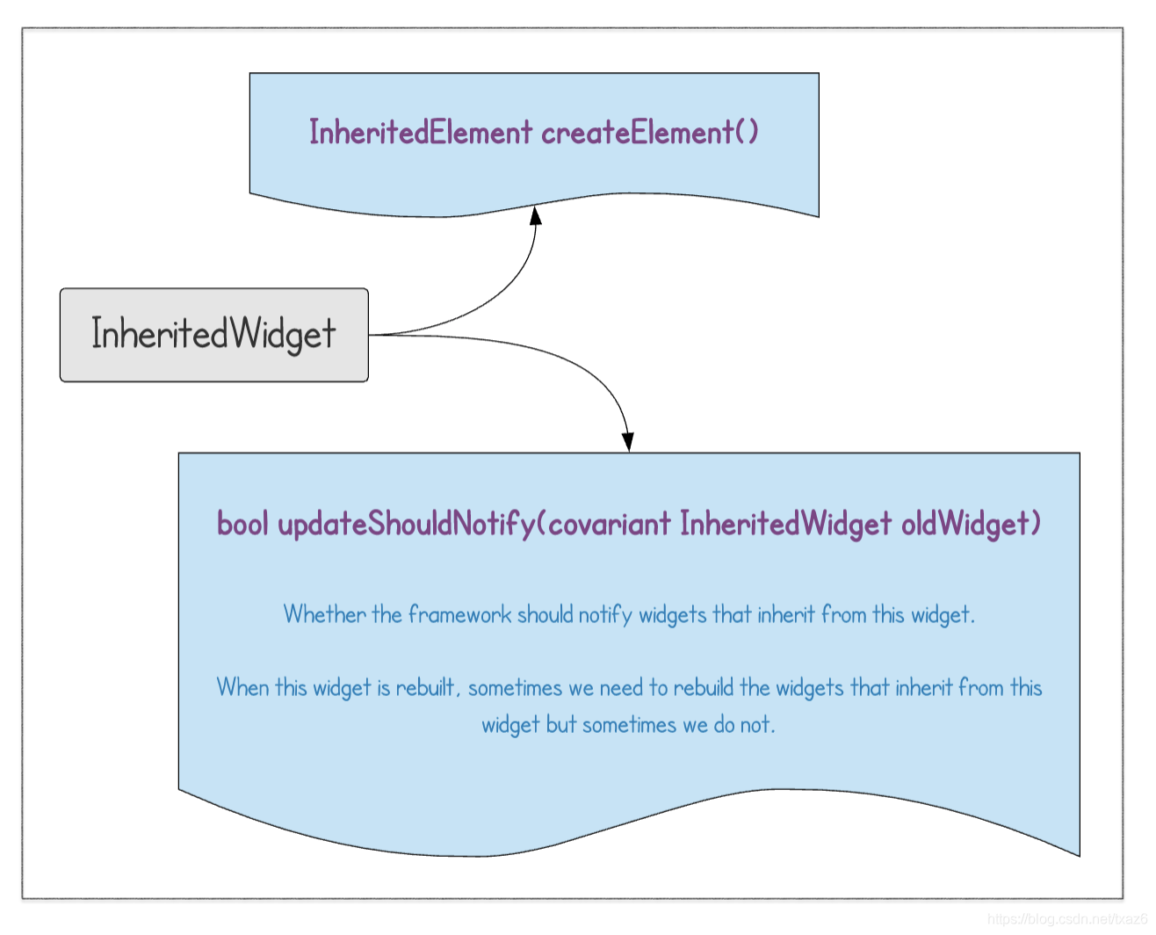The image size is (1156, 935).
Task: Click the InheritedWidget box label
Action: pos(213,335)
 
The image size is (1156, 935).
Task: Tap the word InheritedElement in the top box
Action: pos(421,133)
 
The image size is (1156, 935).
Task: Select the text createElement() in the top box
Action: pos(650,133)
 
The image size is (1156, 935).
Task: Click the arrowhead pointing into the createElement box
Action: pos(535,214)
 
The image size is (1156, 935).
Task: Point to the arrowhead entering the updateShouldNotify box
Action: pos(627,441)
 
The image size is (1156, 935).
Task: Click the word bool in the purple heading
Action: pos(243,524)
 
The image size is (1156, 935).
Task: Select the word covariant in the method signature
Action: pos(610,524)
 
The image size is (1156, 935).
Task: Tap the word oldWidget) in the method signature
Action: pos(972,524)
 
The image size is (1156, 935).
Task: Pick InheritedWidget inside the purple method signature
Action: pos(786,524)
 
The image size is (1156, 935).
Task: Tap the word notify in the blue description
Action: pos(605,614)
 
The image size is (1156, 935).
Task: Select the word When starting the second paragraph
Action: pos(242,687)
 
